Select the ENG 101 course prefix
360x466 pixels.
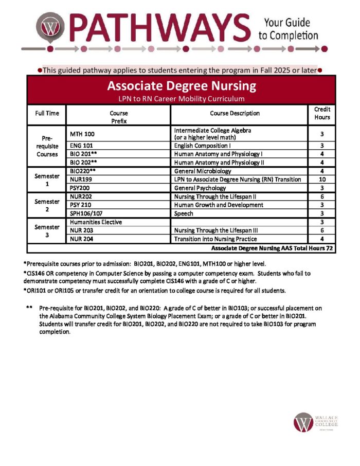tap(81, 146)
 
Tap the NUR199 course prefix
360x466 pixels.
tap(81, 180)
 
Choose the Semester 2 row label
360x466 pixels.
tap(46, 205)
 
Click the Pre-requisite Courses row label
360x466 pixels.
tap(46, 146)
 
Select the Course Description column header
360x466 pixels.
tap(235, 113)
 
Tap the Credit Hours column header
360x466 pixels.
tap(322, 113)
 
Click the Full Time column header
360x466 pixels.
tap(47, 113)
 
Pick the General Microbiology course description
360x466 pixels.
tap(203, 171)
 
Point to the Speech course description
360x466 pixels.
tap(184, 213)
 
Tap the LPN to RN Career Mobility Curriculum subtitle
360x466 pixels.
tap(181, 98)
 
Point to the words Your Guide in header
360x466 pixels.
tap(287, 23)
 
